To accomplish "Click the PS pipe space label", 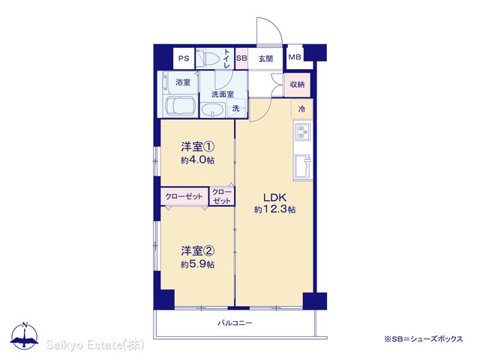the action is pyautogui.click(x=184, y=58).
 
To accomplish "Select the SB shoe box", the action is pyautogui.click(x=241, y=58).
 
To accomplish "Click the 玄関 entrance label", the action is pyautogui.click(x=265, y=58).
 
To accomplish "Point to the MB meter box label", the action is pyautogui.click(x=295, y=57).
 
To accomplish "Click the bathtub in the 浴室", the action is pyautogui.click(x=180, y=106).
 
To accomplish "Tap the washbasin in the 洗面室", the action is pyautogui.click(x=213, y=110).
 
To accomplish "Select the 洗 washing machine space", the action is pyautogui.click(x=236, y=108).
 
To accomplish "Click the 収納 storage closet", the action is pyautogui.click(x=297, y=84).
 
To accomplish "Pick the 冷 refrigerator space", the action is pyautogui.click(x=301, y=109).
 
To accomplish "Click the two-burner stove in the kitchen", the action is pyautogui.click(x=302, y=131).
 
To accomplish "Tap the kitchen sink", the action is pyautogui.click(x=303, y=166).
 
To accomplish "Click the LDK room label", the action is pyautogui.click(x=275, y=196).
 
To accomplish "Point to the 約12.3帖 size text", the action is pyautogui.click(x=274, y=210).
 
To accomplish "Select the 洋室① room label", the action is pyautogui.click(x=197, y=147).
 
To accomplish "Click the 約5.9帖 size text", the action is pyautogui.click(x=197, y=264).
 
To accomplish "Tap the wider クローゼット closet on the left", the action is pyautogui.click(x=184, y=196).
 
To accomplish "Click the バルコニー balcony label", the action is pyautogui.click(x=235, y=322).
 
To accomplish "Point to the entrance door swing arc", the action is pyautogui.click(x=274, y=26).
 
